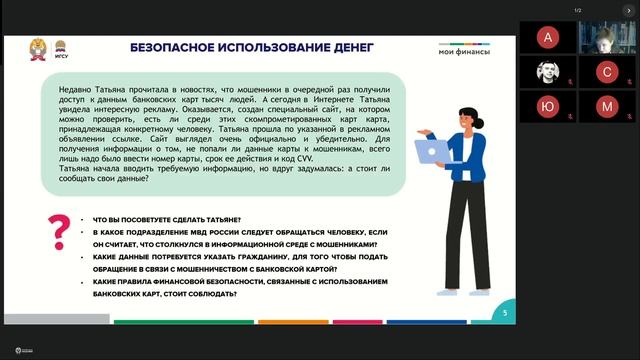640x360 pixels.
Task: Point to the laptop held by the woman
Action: [432, 151]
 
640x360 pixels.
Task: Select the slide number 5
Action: [504, 313]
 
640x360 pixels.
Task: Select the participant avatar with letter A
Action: [546, 38]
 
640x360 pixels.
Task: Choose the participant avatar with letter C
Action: [606, 72]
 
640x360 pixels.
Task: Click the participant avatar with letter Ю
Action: [546, 106]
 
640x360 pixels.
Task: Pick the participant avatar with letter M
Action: [606, 106]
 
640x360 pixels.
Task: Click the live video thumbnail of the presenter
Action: [606, 38]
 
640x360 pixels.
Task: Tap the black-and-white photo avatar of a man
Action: [546, 72]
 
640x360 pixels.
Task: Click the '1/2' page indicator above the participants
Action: [577, 10]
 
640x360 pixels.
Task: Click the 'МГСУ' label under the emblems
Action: [60, 58]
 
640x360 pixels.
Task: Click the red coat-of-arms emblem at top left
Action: [39, 47]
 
